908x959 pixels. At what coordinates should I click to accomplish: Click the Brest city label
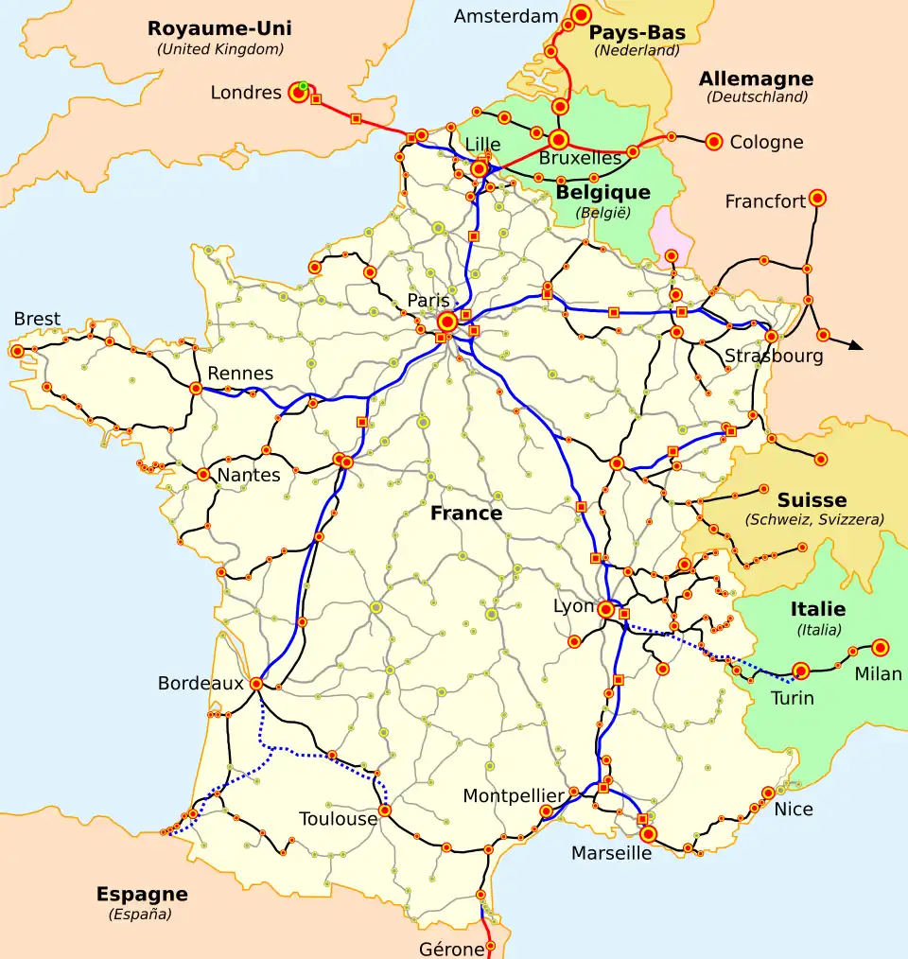tap(37, 319)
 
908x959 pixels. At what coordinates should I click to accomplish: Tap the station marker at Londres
tap(299, 93)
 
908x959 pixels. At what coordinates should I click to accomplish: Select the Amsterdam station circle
tap(581, 14)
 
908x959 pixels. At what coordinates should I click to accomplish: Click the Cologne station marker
tap(714, 142)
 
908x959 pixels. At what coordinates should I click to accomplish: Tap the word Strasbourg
tap(774, 357)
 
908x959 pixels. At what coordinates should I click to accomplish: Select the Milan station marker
tap(881, 647)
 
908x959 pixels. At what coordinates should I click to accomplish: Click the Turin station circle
tap(801, 671)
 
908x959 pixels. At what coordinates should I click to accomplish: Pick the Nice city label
tap(793, 810)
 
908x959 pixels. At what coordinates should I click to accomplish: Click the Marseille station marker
tap(648, 834)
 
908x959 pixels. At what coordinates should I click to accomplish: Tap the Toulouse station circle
tap(385, 811)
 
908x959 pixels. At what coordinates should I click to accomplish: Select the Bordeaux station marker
tap(255, 682)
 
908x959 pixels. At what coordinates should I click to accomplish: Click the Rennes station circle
tap(196, 388)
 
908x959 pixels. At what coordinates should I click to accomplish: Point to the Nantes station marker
tap(203, 474)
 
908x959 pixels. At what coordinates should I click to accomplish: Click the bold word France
tap(466, 514)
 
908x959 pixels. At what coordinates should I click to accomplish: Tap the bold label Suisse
tap(812, 500)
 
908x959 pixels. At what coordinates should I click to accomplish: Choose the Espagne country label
tap(142, 895)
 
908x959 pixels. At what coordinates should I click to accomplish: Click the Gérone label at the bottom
tap(450, 948)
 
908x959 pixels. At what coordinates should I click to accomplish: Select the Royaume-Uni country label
tap(219, 28)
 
